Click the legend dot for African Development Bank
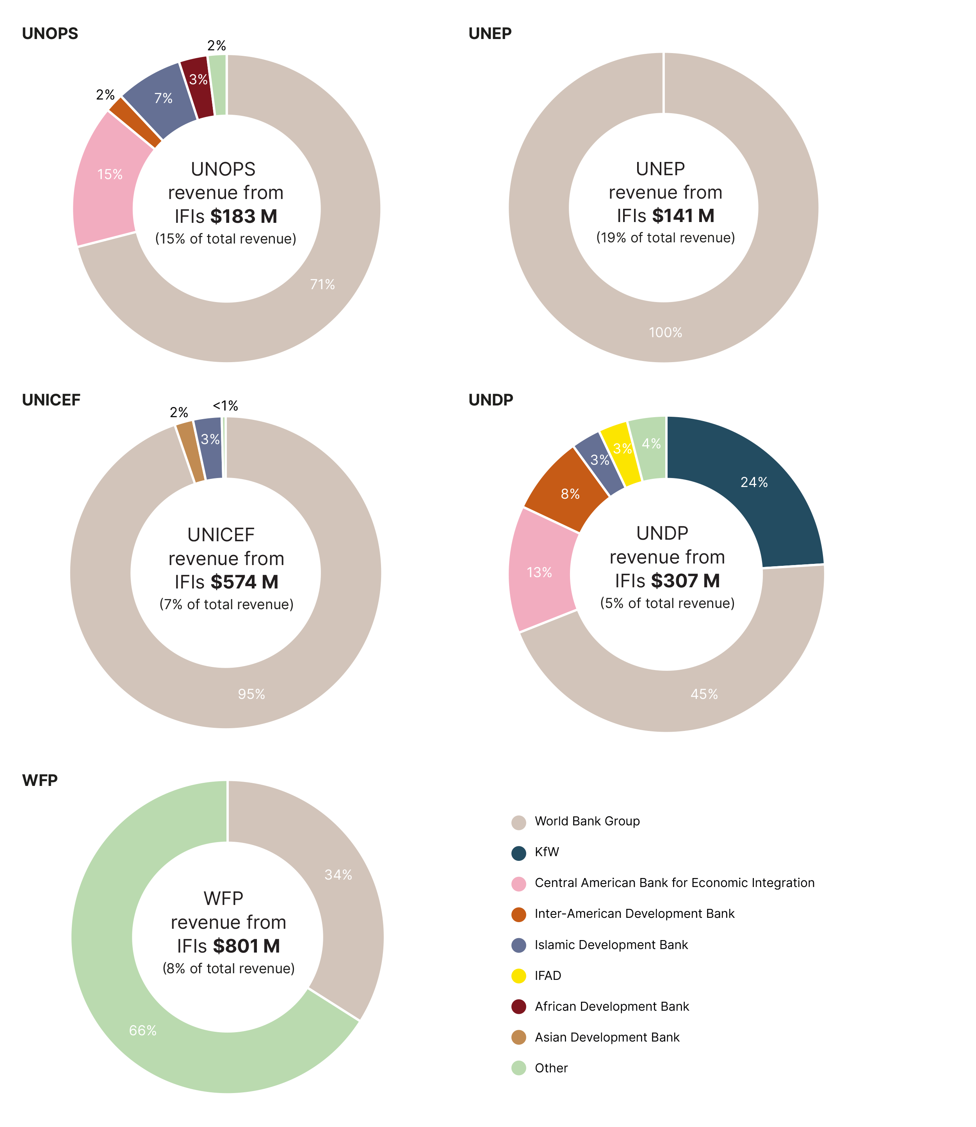pos(518,1006)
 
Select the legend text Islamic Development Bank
pos(611,945)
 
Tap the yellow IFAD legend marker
pos(518,976)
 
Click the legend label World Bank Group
pos(587,821)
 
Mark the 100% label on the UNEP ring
pos(665,332)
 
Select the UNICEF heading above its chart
pos(51,400)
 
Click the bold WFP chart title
pos(40,780)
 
